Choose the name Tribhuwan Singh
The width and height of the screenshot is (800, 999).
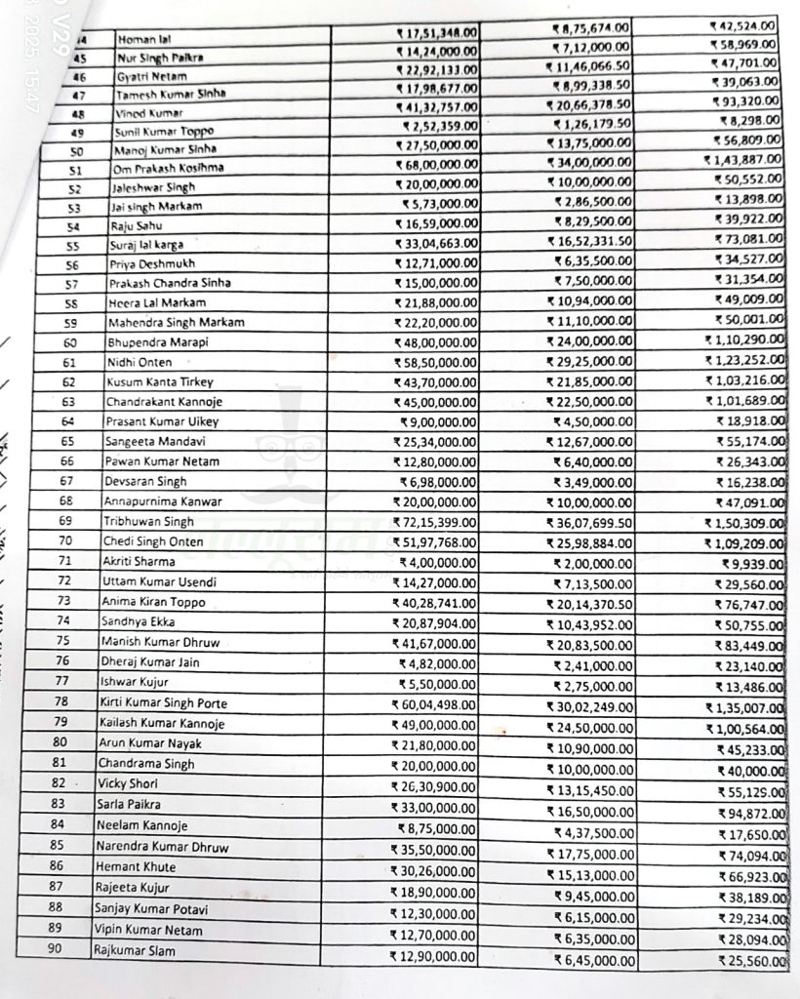tap(149, 522)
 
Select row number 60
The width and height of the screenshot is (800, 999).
tap(69, 342)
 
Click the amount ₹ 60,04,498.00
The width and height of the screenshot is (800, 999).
tap(434, 704)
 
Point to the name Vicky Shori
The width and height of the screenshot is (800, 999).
tap(127, 783)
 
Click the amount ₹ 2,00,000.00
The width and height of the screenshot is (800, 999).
tap(592, 563)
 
